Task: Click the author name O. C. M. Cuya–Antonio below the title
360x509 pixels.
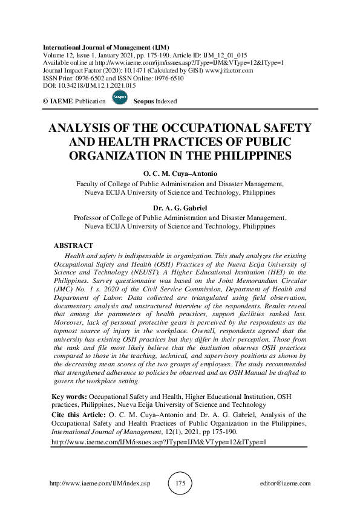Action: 180,174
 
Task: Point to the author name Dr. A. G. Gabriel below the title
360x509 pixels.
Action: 180,208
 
